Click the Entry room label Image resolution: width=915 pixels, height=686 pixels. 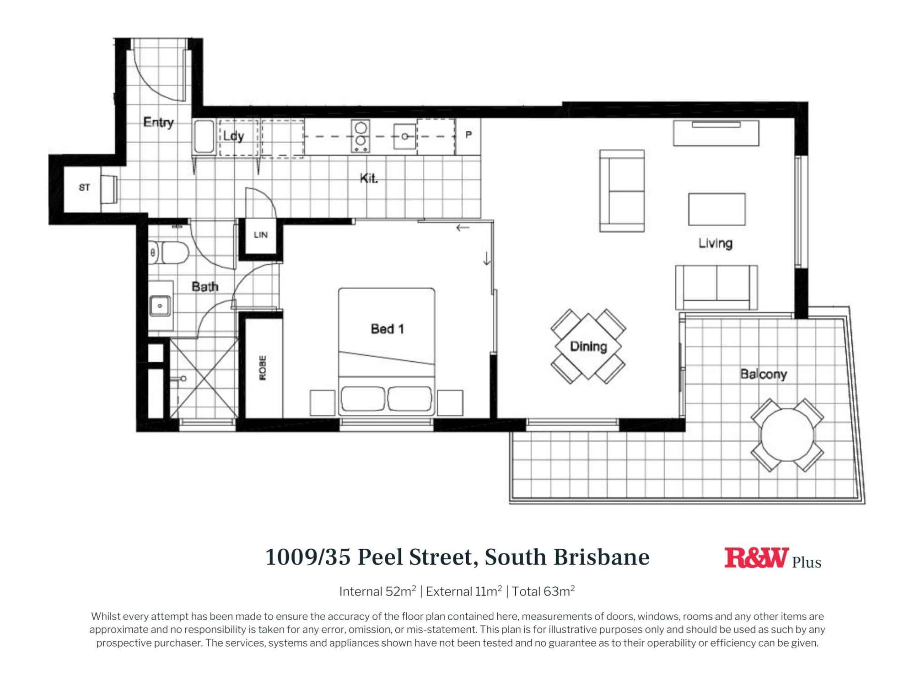coord(158,122)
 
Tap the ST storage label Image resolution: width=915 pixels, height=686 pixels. coord(84,187)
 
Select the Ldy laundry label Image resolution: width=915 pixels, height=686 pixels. coord(233,136)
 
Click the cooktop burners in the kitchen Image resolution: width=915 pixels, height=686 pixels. coord(361,136)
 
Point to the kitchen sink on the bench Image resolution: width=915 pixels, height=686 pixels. coord(405,136)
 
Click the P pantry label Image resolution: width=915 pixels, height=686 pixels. coord(468,135)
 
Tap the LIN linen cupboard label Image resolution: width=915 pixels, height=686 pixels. coord(260,235)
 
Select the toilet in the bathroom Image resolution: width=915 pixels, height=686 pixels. coord(170,252)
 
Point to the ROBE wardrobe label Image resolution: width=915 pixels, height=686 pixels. coord(263,367)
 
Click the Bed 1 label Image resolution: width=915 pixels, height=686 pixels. coord(387,329)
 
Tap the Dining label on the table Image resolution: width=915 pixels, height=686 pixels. coord(588,346)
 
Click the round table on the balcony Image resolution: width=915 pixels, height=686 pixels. coord(787,435)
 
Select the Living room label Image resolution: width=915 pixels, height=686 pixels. coord(715,243)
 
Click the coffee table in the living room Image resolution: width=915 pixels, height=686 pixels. coord(716,209)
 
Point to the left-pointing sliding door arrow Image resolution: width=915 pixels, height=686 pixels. coord(463,228)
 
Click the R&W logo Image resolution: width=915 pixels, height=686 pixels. coord(756,558)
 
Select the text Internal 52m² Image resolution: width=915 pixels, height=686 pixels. coord(377,591)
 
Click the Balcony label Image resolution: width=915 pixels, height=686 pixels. coord(763,374)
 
